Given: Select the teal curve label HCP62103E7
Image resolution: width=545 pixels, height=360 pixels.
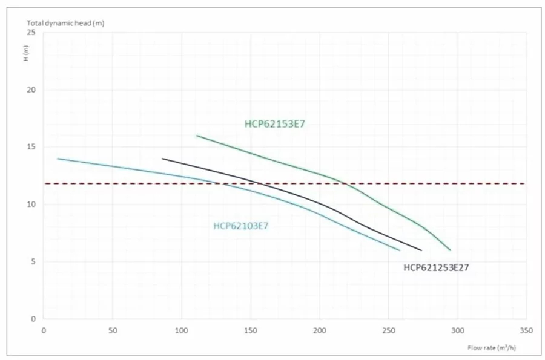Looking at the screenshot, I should pyautogui.click(x=240, y=226).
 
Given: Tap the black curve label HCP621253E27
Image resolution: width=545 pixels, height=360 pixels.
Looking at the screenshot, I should pyautogui.click(x=436, y=266).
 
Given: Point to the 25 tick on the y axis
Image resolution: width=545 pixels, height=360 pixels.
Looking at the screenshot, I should pyautogui.click(x=31, y=33).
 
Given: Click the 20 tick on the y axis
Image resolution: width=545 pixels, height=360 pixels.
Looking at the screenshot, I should pyautogui.click(x=31, y=90).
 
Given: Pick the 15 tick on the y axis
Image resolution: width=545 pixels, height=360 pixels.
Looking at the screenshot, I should pyautogui.click(x=31, y=147).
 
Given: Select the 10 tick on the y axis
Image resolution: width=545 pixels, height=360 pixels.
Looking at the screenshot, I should pyautogui.click(x=31, y=205).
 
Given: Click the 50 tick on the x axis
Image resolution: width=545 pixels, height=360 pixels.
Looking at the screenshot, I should pyautogui.click(x=112, y=330).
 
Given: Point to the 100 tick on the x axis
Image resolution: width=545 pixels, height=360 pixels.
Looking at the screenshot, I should pyautogui.click(x=181, y=330).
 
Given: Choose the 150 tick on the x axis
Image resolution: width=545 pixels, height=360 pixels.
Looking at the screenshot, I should pyautogui.click(x=250, y=330).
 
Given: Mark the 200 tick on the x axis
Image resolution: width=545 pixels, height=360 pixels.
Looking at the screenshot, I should pyautogui.click(x=319, y=330).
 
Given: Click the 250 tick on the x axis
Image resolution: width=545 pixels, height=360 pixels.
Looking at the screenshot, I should pyautogui.click(x=388, y=330).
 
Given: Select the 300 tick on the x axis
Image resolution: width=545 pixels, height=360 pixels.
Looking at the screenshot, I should pyautogui.click(x=457, y=330).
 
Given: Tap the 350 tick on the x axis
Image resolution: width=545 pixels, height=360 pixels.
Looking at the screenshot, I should pyautogui.click(x=526, y=330).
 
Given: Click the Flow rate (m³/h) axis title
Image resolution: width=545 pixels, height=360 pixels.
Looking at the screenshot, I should pyautogui.click(x=492, y=348).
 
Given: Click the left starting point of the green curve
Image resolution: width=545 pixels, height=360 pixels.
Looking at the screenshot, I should pyautogui.click(x=197, y=136).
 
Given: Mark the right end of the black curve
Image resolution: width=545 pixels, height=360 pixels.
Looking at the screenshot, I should pyautogui.click(x=421, y=250).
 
